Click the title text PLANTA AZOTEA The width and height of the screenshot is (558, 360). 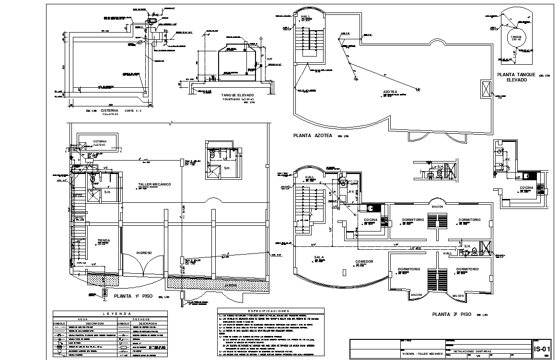[313, 136]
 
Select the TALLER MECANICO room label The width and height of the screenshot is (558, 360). [154, 184]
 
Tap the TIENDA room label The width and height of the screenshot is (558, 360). [104, 241]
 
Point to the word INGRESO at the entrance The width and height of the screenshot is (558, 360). [144, 253]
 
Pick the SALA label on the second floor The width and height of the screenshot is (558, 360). [319, 257]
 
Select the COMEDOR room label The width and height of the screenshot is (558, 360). [364, 261]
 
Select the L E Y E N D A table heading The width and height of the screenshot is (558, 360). [110, 314]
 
